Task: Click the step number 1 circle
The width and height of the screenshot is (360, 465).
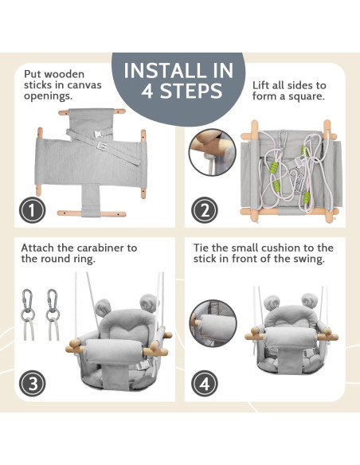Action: [x=32, y=210]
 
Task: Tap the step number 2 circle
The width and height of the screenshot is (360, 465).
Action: [x=205, y=210]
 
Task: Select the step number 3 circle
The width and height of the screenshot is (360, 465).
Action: [x=32, y=383]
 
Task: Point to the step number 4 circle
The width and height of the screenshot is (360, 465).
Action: [x=205, y=383]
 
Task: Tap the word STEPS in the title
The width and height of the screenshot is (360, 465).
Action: [x=192, y=91]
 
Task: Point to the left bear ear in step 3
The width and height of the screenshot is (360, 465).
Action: [x=103, y=307]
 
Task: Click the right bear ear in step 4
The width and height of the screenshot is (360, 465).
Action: [x=310, y=301]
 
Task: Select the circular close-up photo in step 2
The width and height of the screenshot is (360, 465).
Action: [x=213, y=152]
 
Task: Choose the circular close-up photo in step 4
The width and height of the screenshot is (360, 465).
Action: [x=213, y=323]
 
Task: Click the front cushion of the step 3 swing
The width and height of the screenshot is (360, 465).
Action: [x=114, y=352]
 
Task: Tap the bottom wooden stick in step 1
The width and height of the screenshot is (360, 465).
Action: [x=92, y=213]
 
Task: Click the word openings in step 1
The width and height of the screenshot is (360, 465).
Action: [x=49, y=96]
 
